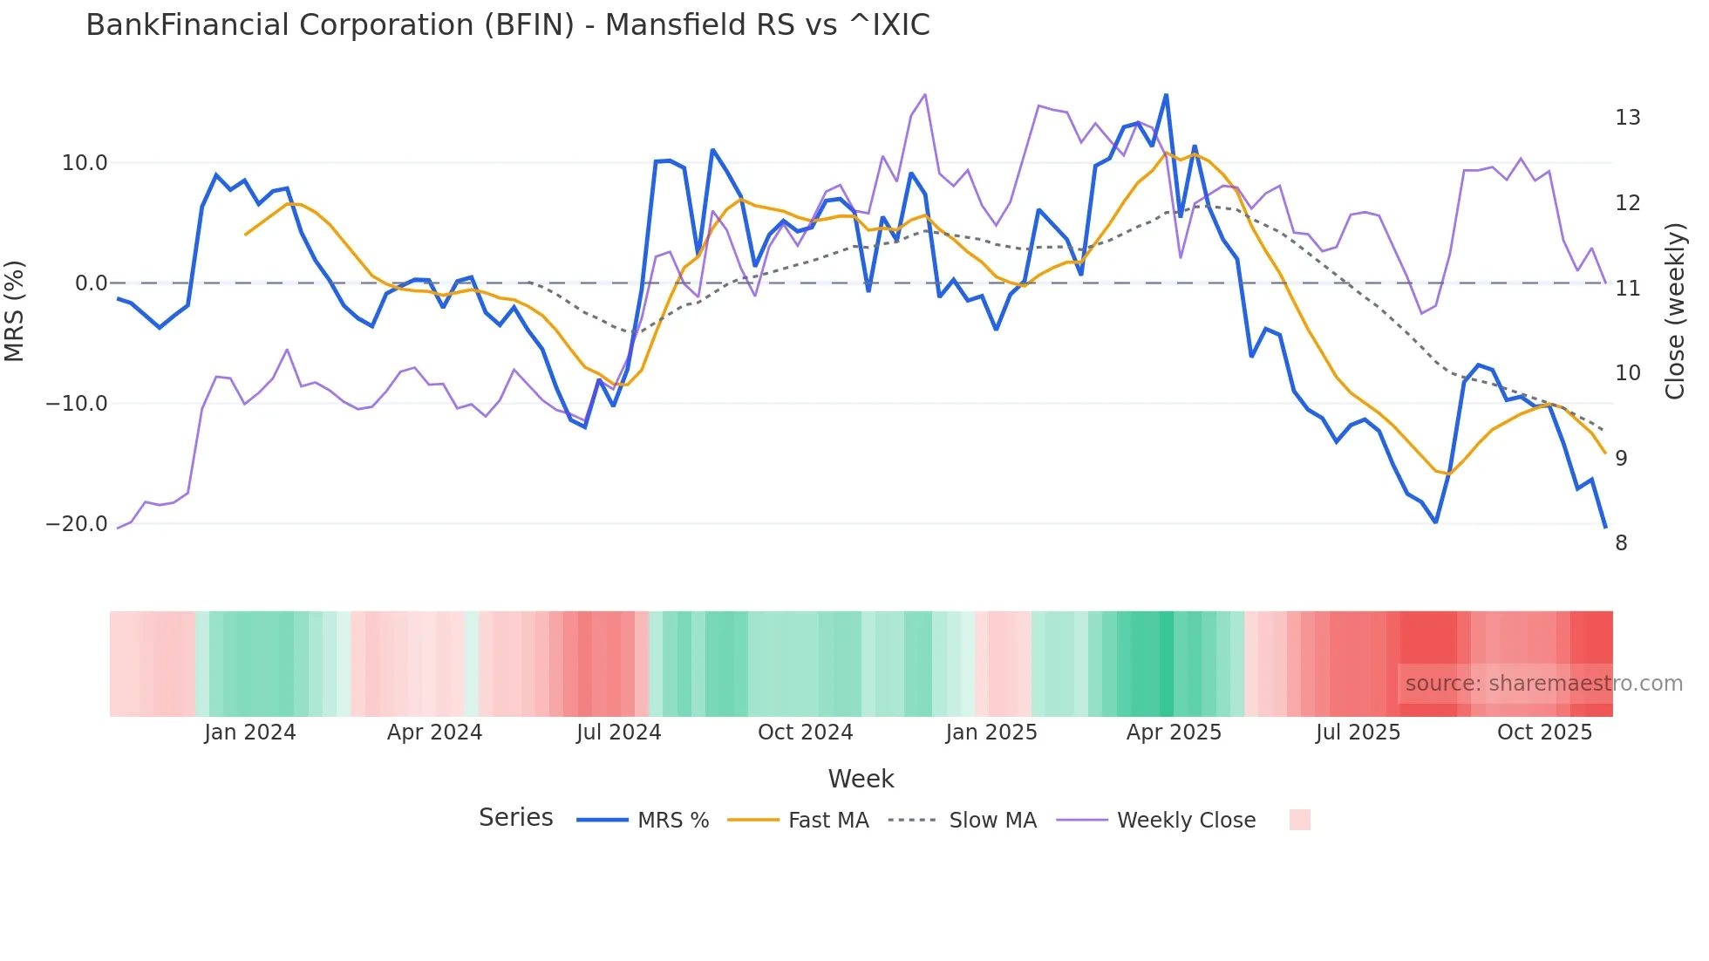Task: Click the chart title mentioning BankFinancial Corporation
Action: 507,25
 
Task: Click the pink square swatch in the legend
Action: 1299,820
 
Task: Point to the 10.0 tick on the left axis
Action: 85,163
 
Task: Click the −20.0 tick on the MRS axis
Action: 77,524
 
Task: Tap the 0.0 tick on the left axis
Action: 91,283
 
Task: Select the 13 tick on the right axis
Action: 1627,118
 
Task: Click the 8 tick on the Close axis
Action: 1621,543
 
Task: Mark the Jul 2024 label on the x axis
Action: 618,733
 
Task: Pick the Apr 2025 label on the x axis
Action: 1174,733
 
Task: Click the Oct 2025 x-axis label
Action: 1544,733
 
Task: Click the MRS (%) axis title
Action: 15,311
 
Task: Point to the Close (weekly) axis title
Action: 1675,311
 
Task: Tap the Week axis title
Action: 861,779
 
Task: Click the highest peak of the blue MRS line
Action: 1166,95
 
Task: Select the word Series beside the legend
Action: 515,818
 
